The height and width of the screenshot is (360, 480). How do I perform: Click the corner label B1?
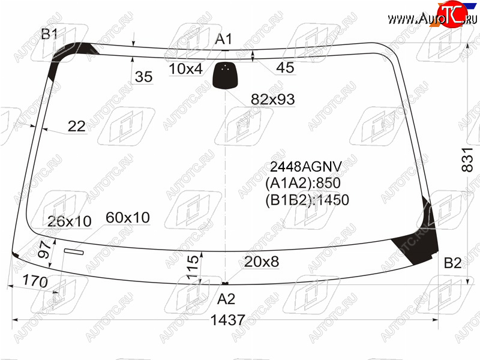pyautogui.click(x=49, y=34)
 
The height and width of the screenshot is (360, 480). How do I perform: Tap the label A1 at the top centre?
pyautogui.click(x=224, y=39)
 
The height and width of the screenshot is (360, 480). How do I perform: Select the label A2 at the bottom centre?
pyautogui.click(x=226, y=299)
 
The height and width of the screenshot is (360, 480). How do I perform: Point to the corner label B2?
pyautogui.click(x=452, y=263)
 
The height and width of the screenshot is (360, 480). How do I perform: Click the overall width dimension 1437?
pyautogui.click(x=228, y=320)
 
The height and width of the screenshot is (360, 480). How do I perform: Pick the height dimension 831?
pyautogui.click(x=467, y=159)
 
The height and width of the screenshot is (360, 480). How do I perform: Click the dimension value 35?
pyautogui.click(x=143, y=77)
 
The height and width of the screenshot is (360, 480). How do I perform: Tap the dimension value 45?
pyautogui.click(x=285, y=67)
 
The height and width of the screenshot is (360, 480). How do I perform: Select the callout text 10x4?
pyautogui.click(x=185, y=69)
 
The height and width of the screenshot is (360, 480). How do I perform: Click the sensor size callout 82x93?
pyautogui.click(x=273, y=99)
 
